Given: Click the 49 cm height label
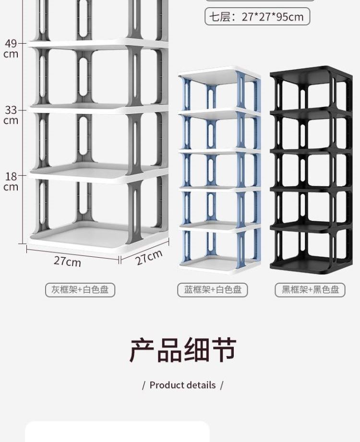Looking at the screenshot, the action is coord(11,48).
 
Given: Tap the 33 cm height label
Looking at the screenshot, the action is coord(11,115).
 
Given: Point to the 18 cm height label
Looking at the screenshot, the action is coord(11,181).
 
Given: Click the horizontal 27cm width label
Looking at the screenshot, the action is coord(67,261).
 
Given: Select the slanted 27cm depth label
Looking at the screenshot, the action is coord(148,257).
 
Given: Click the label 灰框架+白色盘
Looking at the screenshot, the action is coord(80,290).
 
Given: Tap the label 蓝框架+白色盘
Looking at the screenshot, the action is coord(213,290).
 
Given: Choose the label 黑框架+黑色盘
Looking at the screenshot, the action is coord(310,290).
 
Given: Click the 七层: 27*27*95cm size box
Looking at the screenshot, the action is coord(257,17).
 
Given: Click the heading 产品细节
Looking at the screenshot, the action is coord(183,350).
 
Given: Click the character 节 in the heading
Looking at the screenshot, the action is coord(223,350).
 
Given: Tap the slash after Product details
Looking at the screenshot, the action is coord(221,385).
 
